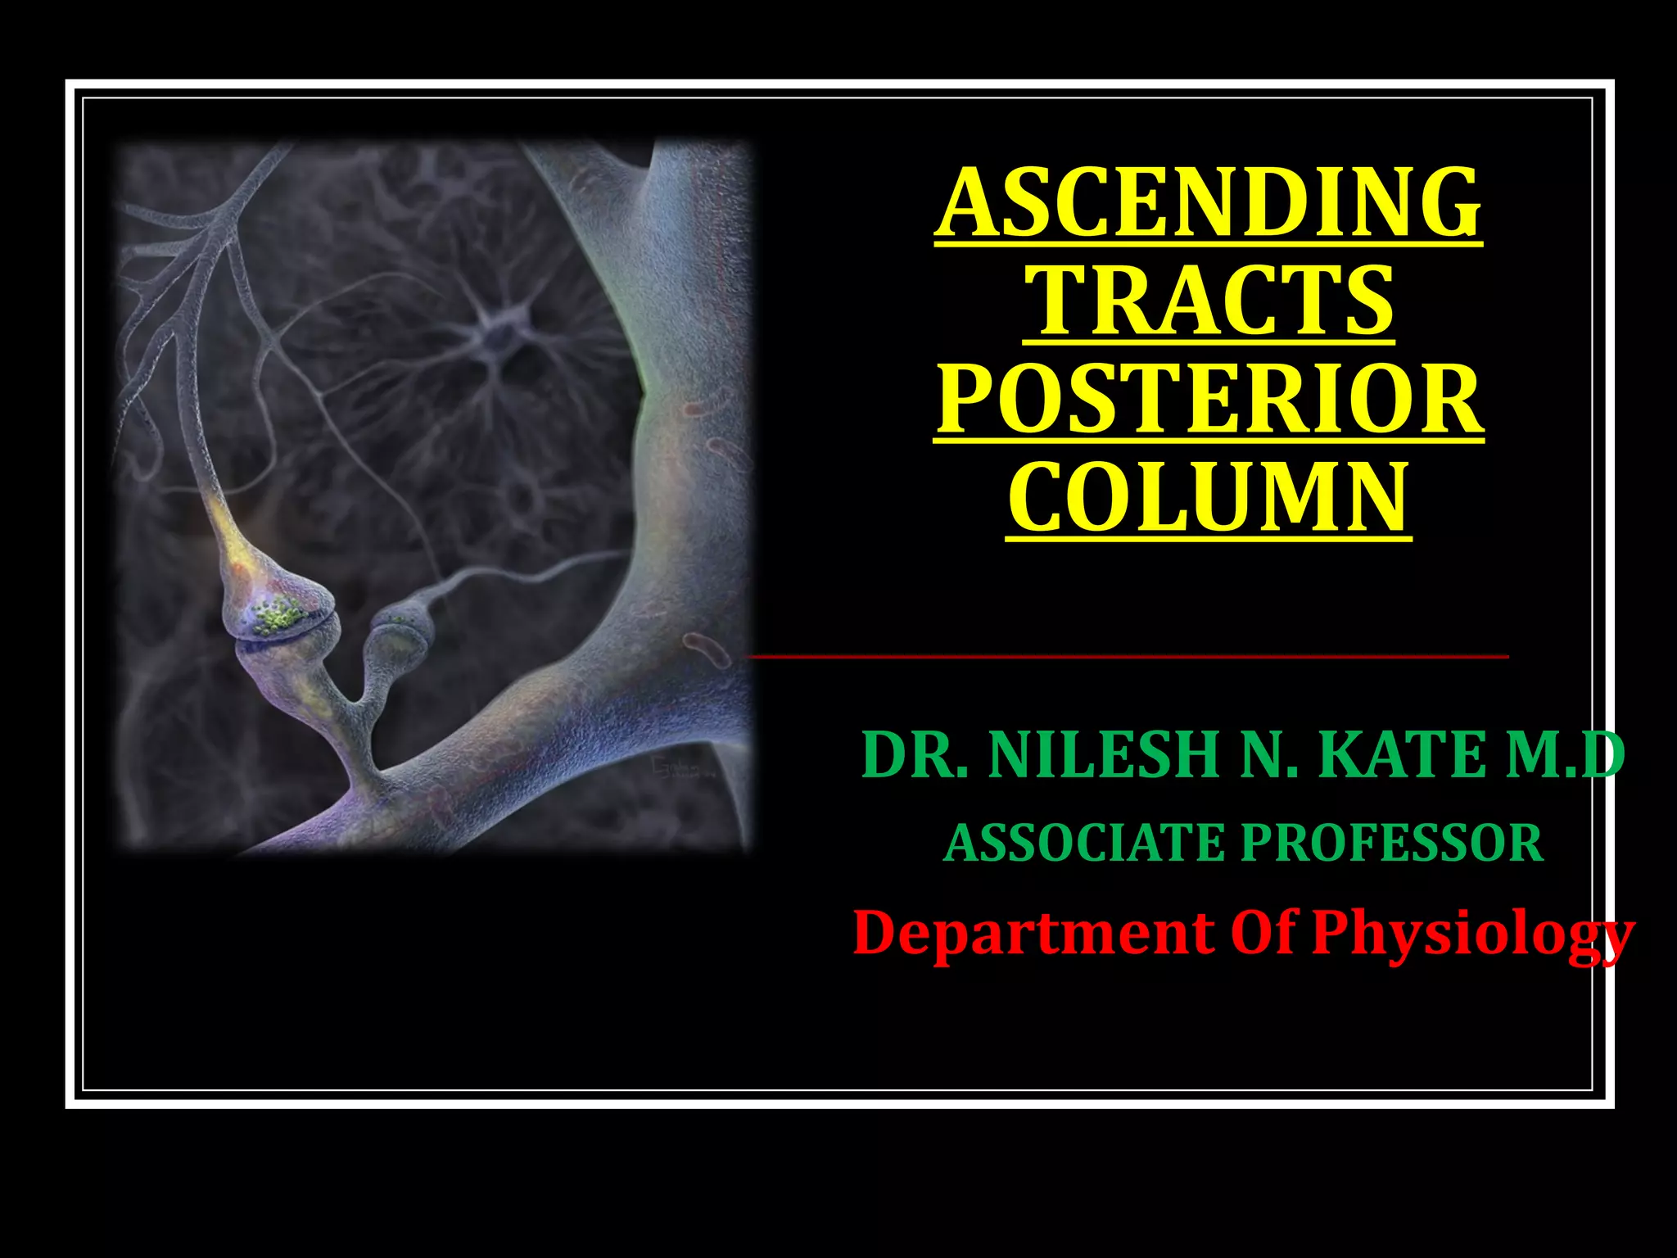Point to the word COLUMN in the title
point(1208,498)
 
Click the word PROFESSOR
point(1392,844)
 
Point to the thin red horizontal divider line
point(1128,656)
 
